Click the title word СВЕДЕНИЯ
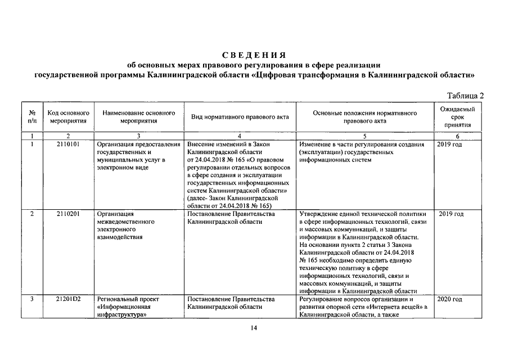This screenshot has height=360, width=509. click(x=254, y=55)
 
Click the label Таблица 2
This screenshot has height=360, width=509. click(x=465, y=95)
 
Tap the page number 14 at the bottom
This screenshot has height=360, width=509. click(x=254, y=329)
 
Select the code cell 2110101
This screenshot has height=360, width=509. click(x=68, y=145)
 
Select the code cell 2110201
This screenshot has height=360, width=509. click(x=68, y=214)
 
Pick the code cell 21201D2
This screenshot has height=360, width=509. click(x=68, y=299)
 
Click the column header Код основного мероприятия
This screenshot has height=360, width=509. click(x=68, y=117)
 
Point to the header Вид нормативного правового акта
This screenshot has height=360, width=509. click(x=240, y=117)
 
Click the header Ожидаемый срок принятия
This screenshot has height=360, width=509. click(x=457, y=117)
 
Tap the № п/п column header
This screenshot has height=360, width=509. click(x=32, y=117)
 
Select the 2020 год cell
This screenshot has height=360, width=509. click(x=450, y=299)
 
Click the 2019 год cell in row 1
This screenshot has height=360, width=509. click(x=450, y=145)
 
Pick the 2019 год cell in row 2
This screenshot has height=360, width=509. click(x=451, y=214)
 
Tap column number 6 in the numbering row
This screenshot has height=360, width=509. click(x=457, y=136)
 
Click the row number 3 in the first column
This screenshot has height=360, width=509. click(x=32, y=299)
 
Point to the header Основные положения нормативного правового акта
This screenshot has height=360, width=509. click(x=364, y=117)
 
